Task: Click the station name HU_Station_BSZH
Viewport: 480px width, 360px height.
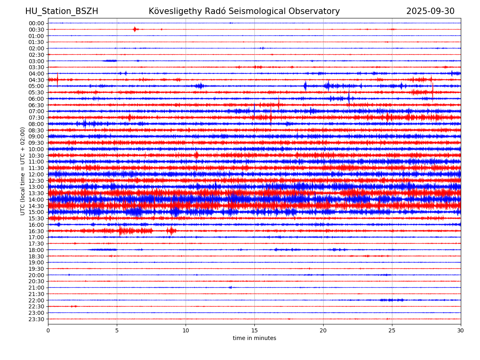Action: [62, 11]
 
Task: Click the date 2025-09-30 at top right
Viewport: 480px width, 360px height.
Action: [430, 11]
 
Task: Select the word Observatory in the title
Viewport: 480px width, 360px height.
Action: [318, 11]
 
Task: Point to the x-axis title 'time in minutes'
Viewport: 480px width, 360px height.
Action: [254, 338]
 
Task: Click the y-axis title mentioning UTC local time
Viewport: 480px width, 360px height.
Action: [23, 171]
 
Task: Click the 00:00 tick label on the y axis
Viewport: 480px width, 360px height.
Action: [36, 23]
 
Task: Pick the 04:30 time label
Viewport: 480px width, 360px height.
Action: [36, 80]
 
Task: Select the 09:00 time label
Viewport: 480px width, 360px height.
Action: [36, 136]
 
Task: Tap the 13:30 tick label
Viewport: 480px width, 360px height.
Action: [36, 193]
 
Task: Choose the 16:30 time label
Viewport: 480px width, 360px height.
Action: [36, 231]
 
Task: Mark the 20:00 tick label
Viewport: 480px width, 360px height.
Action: [36, 275]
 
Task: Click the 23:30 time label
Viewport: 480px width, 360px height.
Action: [36, 319]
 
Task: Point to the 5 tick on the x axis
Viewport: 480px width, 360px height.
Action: [117, 330]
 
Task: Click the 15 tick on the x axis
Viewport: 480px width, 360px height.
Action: [254, 330]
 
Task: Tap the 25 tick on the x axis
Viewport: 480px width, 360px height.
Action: [392, 330]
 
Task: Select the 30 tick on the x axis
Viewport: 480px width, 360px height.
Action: [461, 330]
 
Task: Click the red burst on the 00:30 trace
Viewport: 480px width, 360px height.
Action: [135, 29]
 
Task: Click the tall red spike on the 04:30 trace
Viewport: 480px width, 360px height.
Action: [57, 79]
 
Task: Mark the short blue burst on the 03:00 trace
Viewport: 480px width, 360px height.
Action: [110, 61]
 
